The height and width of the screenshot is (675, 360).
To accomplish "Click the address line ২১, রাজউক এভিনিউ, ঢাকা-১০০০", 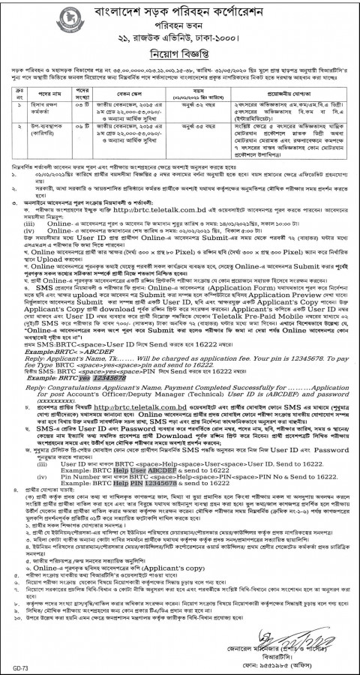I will point(181,34).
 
